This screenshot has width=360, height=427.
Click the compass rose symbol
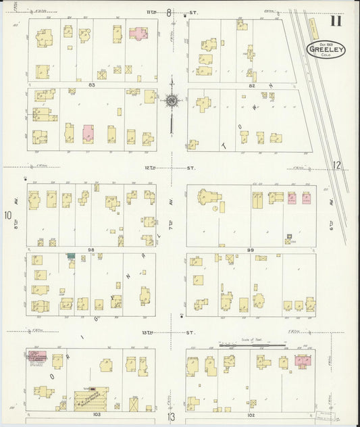[x=172, y=101]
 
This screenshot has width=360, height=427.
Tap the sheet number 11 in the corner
[x=336, y=20]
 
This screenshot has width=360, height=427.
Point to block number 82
[x=251, y=85]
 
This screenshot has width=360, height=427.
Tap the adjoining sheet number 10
[x=7, y=216]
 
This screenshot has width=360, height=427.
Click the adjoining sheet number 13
[x=172, y=418]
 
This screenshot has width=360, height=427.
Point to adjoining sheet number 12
[x=337, y=166]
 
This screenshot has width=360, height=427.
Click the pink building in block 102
[x=301, y=361]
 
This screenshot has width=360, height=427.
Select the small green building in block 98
[x=70, y=256]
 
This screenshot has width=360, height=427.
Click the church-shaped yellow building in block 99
[x=205, y=197]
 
